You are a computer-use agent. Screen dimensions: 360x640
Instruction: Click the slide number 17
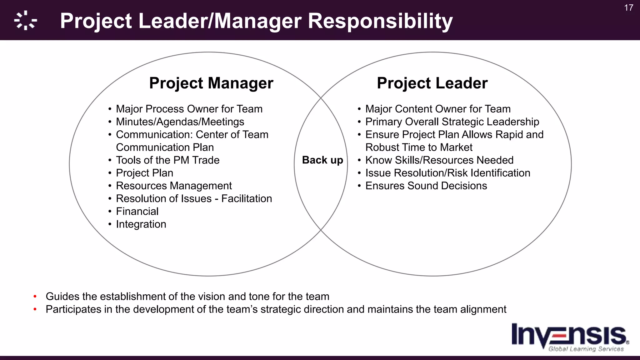[x=629, y=8]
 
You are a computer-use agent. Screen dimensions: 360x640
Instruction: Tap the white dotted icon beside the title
[x=26, y=21]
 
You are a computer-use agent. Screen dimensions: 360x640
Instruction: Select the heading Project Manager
[x=211, y=83]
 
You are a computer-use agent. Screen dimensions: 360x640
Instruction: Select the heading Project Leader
[x=432, y=83]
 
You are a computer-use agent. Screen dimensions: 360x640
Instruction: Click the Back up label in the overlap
[x=322, y=160]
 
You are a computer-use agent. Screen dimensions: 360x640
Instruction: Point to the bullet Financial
[x=137, y=212]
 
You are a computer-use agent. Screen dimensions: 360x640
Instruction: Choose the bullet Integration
[x=141, y=224]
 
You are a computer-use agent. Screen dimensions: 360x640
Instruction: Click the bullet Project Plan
[x=144, y=173]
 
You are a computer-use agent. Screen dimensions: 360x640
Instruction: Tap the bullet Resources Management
[x=174, y=186]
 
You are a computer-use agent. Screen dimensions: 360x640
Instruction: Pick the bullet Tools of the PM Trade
[x=167, y=160]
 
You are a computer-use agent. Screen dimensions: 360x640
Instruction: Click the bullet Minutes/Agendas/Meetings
[x=180, y=122]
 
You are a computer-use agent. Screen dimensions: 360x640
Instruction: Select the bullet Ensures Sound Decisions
[x=426, y=186]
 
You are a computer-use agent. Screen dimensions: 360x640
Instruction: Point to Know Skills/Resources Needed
[x=439, y=160]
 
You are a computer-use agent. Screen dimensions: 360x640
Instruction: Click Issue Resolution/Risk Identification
[x=448, y=173]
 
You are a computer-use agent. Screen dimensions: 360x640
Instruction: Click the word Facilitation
[x=247, y=199]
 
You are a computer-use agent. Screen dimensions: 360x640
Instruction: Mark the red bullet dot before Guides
[x=35, y=296]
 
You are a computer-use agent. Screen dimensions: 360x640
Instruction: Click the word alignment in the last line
[x=483, y=309]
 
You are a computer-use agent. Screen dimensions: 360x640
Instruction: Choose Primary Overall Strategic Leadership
[x=452, y=122]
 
